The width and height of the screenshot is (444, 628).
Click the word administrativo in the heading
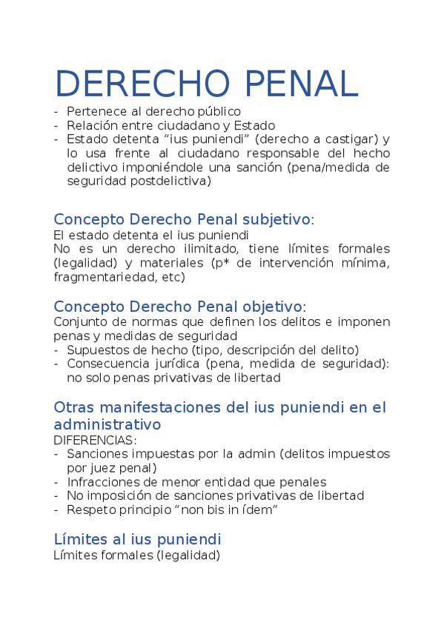(107, 425)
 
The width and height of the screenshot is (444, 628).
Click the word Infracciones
(102, 482)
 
